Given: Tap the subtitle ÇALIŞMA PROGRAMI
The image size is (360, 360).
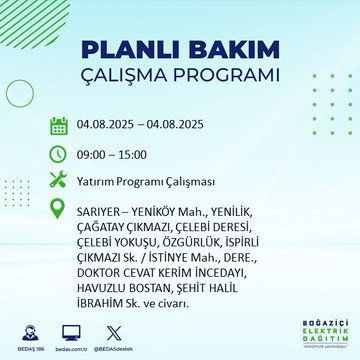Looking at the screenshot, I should (180, 76).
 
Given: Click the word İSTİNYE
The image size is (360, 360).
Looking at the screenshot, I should (155, 254).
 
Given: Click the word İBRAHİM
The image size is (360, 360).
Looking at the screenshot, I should (104, 297).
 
